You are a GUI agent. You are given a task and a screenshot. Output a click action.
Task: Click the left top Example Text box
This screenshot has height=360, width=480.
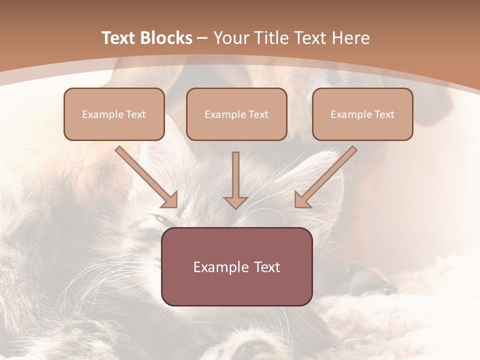pyautogui.click(x=114, y=114)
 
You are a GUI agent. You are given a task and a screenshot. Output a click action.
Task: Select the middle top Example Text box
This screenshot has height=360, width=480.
pyautogui.click(x=236, y=114)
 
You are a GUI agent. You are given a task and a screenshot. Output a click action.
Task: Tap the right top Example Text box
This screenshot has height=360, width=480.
pyautogui.click(x=362, y=114)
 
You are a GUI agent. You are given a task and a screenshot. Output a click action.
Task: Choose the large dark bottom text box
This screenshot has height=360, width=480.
pyautogui.click(x=236, y=266)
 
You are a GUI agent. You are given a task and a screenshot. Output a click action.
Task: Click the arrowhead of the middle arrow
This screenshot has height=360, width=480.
pyautogui.click(x=235, y=201)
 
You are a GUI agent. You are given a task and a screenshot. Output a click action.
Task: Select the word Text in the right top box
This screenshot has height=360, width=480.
pyautogui.click(x=384, y=114)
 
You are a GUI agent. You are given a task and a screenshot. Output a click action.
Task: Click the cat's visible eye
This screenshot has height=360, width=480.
pyautogui.click(x=159, y=218)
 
